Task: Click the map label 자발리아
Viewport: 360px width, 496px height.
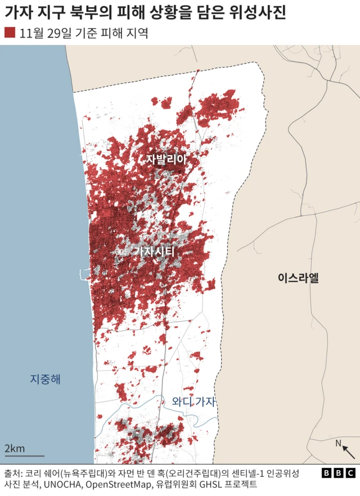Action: coord(166,159)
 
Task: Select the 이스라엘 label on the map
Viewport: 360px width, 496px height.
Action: coord(298,277)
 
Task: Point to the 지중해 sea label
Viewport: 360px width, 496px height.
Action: coord(45,379)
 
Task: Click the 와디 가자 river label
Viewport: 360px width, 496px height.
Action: coord(194,402)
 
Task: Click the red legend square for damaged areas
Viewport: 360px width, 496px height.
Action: coord(10,33)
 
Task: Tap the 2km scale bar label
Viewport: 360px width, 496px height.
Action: coord(15,448)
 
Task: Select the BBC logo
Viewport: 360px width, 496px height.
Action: coord(338,473)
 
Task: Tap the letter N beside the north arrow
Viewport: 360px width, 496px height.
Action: coord(339,444)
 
